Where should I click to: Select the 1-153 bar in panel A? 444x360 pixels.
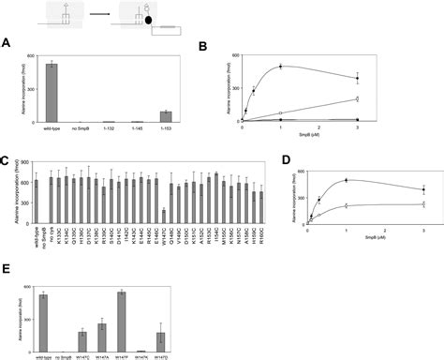(x=139, y=116)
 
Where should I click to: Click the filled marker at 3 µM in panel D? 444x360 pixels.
(x=423, y=189)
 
